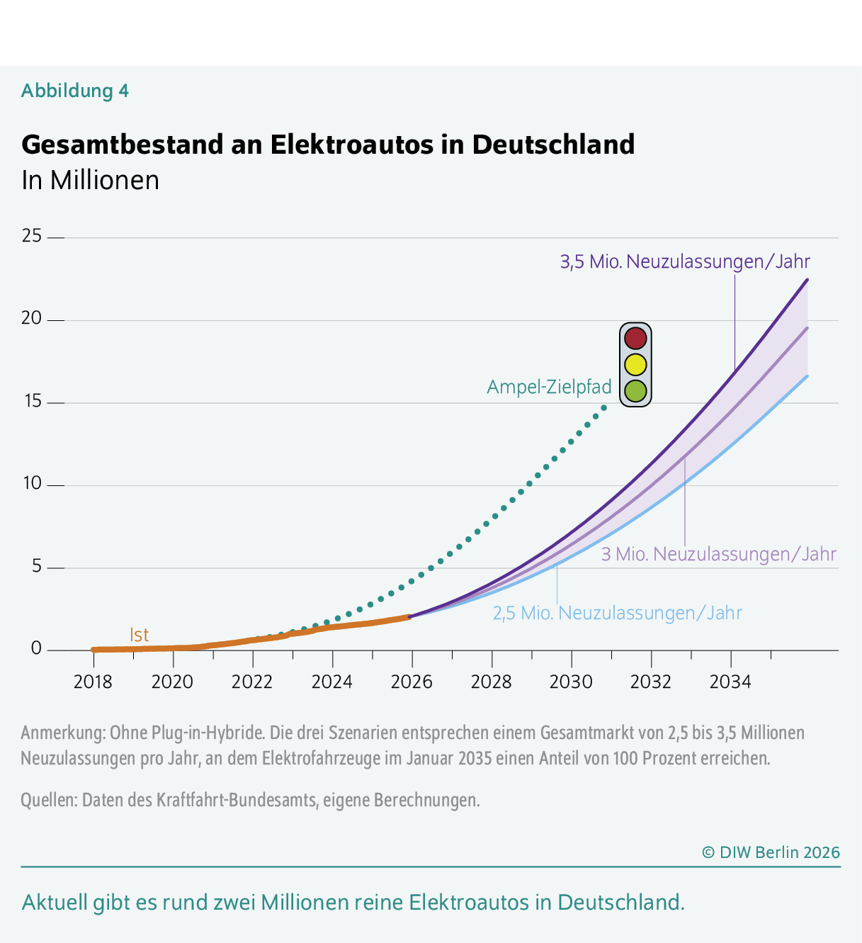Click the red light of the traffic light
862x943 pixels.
[635, 339]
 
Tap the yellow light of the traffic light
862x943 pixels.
[635, 364]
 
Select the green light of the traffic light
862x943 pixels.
[635, 390]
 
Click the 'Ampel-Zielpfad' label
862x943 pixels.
[549, 387]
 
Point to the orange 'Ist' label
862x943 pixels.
[140, 635]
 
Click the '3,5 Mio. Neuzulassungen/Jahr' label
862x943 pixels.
[685, 261]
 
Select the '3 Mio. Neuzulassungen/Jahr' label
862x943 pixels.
[718, 554]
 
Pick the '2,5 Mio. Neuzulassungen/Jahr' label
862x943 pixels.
[617, 613]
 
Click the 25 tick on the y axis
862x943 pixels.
[32, 236]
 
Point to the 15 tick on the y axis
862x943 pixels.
[32, 402]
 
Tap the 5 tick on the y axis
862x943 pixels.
[36, 567]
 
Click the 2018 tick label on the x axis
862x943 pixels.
[93, 682]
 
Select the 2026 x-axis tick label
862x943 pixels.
[412, 682]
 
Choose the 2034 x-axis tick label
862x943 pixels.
[730, 682]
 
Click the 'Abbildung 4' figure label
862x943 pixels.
[75, 91]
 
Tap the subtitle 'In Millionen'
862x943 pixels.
[90, 180]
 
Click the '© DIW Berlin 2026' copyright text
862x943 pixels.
[771, 852]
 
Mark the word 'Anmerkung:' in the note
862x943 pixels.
[62, 732]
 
